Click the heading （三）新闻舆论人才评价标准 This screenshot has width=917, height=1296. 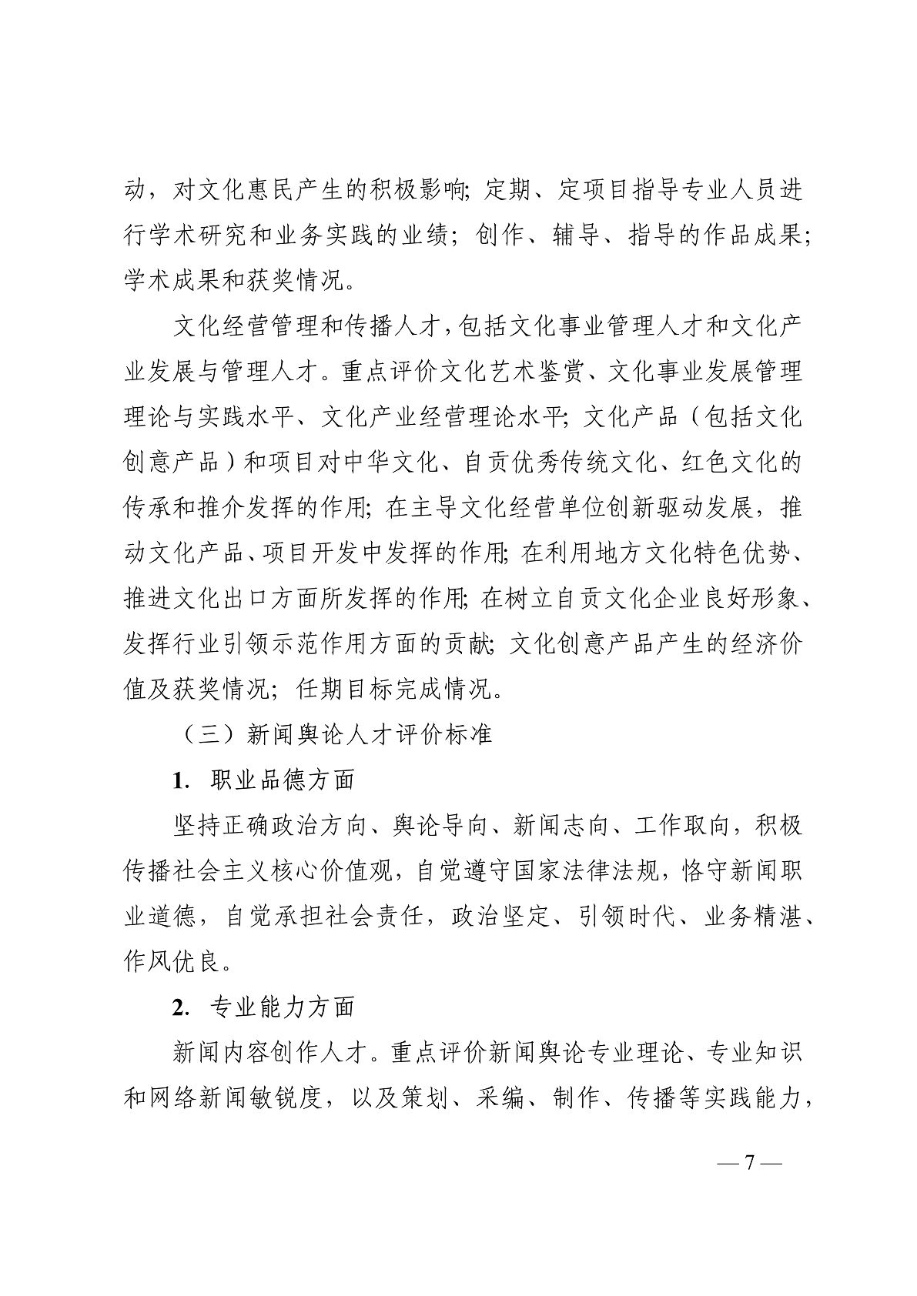333,734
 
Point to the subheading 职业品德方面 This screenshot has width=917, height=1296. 282,780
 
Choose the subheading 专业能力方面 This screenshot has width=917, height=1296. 282,1007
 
